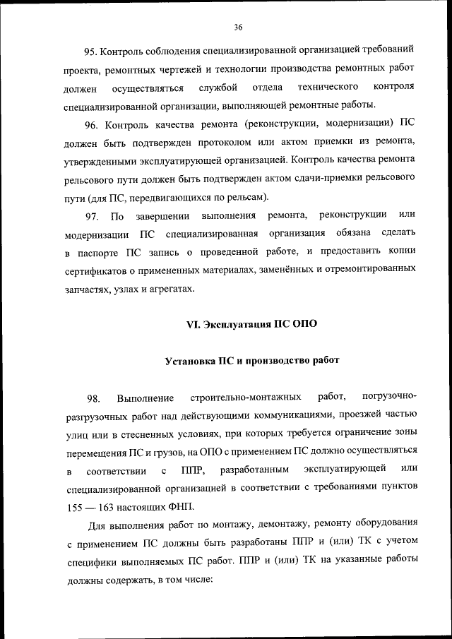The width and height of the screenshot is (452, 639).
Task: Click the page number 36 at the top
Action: [237, 27]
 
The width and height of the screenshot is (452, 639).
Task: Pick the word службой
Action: [219, 88]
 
